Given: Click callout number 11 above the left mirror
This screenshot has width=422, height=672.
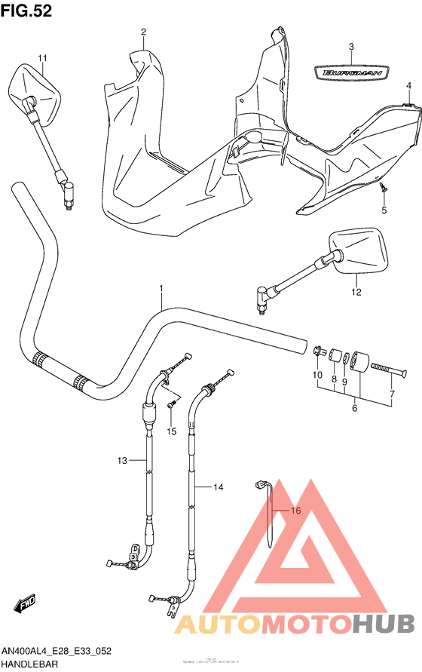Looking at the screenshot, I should (42, 58).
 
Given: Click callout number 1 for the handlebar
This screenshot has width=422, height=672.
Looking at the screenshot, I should (161, 289).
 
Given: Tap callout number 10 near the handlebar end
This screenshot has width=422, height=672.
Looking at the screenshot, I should (317, 375).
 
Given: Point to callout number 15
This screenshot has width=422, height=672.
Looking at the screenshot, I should (172, 431).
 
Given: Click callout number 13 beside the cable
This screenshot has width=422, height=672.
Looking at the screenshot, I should (123, 459).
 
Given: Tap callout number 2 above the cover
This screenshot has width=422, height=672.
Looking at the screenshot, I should (142, 32).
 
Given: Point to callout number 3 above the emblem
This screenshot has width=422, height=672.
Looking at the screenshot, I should (351, 47).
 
